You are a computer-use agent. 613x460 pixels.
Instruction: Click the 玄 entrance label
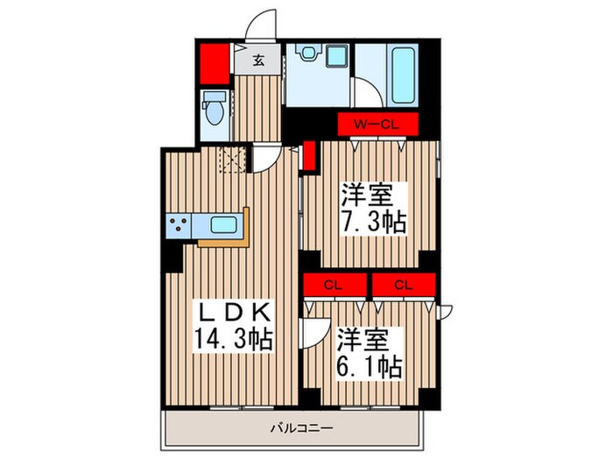tap(261, 60)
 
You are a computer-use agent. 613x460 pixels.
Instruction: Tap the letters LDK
tap(236, 313)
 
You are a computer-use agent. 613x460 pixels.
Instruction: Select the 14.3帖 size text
tap(234, 338)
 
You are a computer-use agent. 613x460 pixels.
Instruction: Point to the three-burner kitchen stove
tap(179, 226)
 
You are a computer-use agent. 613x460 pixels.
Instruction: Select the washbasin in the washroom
tap(308, 54)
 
